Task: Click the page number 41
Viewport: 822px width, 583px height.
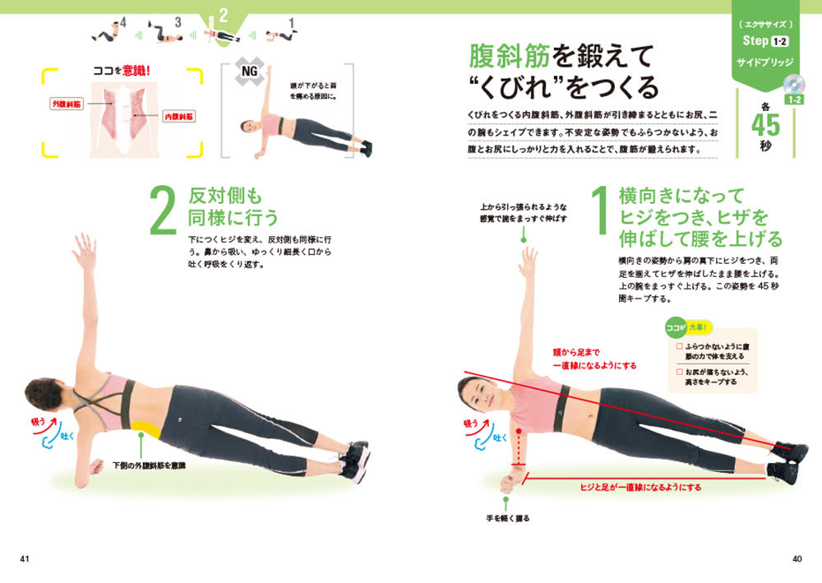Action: pyautogui.click(x=25, y=559)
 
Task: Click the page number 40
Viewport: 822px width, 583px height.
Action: pyautogui.click(x=797, y=559)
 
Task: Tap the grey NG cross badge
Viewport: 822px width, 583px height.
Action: pyautogui.click(x=249, y=71)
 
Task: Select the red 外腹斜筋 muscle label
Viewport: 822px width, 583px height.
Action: pyautogui.click(x=67, y=104)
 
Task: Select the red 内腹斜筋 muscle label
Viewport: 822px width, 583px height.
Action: pyautogui.click(x=178, y=117)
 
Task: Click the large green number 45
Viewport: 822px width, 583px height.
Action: pyautogui.click(x=765, y=125)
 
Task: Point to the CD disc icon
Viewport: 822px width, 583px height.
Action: pyautogui.click(x=793, y=85)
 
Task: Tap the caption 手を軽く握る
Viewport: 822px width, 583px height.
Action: pyautogui.click(x=508, y=518)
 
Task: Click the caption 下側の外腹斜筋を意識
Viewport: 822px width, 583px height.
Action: pyautogui.click(x=150, y=465)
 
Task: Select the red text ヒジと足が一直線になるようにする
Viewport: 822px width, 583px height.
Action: pyautogui.click(x=640, y=488)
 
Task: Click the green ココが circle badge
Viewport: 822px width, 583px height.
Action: pyautogui.click(x=675, y=328)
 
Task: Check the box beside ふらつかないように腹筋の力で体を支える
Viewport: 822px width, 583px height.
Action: pyautogui.click(x=680, y=346)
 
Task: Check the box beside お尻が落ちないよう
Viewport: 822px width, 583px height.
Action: pyautogui.click(x=680, y=372)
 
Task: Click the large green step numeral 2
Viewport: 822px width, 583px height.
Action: pyautogui.click(x=163, y=211)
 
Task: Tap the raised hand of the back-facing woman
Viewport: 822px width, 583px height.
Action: pyautogui.click(x=85, y=251)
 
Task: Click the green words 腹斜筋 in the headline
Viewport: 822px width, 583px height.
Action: pyautogui.click(x=509, y=56)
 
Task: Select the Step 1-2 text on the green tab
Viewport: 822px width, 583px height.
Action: pyautogui.click(x=764, y=41)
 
